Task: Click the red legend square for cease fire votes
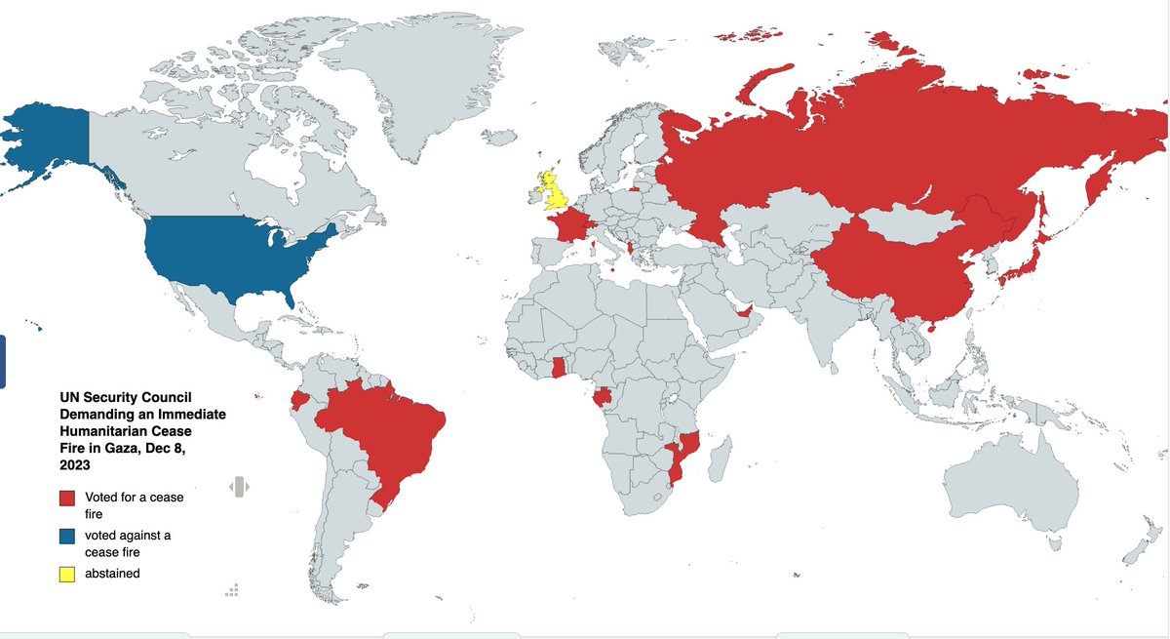(x=67, y=499)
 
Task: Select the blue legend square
(x=67, y=537)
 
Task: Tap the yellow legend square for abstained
(x=67, y=574)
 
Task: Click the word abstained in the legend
(x=112, y=574)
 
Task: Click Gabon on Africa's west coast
(x=605, y=397)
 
